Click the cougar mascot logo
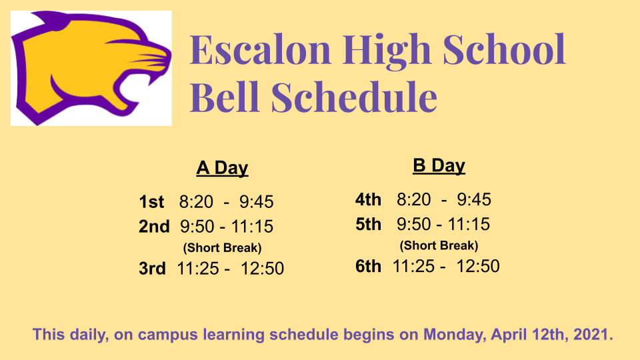point(91,68)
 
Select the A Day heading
point(222,168)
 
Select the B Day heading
point(439,166)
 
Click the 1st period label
point(151,201)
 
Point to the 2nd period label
point(154,227)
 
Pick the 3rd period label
point(152,269)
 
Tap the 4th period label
point(368,199)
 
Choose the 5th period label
point(368,224)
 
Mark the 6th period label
point(368,266)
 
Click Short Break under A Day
point(223,248)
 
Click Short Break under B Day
point(439,245)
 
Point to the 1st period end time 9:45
point(256,201)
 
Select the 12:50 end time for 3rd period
point(262,269)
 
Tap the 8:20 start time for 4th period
point(413,199)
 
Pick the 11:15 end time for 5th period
point(469,224)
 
